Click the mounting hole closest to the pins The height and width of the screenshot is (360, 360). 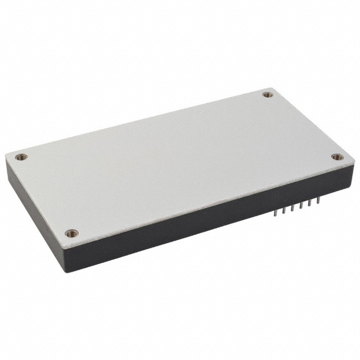[336, 157]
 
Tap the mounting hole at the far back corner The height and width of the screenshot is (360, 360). [268, 94]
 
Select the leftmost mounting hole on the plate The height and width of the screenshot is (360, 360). [21, 157]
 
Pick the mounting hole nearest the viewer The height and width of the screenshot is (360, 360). [71, 232]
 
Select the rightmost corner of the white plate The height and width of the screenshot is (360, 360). [354, 162]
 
